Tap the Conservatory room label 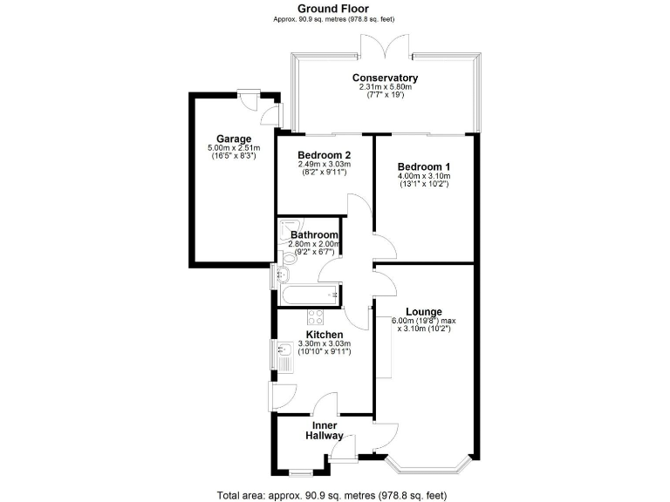385,78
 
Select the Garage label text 234,139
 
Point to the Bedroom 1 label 424,166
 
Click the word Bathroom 314,234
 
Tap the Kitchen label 324,334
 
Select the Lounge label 423,311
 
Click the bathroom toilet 288,256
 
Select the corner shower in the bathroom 289,228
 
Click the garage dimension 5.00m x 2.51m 234,149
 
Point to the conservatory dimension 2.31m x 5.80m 385,87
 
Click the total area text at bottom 335,494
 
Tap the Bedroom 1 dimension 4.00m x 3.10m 424,176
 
